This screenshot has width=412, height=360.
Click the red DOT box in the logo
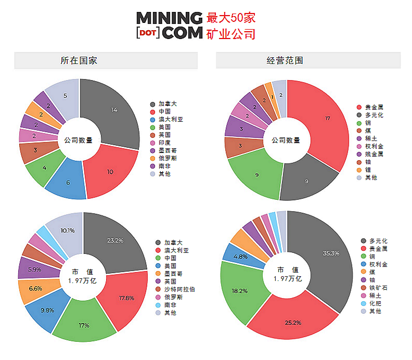pos(147,33)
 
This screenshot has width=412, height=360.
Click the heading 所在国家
pos(79,60)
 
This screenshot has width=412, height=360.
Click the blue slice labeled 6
pos(68,183)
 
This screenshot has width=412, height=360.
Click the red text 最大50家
pos(231,17)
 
